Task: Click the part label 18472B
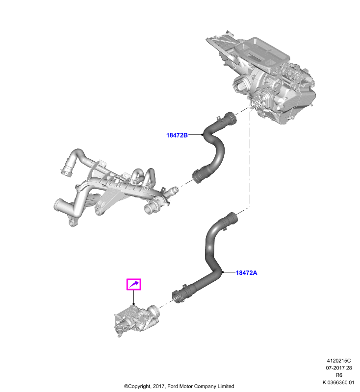tap(177, 135)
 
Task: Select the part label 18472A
tap(246, 273)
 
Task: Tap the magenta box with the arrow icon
tap(134, 284)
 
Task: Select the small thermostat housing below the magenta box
tap(135, 319)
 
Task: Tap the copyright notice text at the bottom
tap(179, 386)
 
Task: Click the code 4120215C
tap(339, 361)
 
